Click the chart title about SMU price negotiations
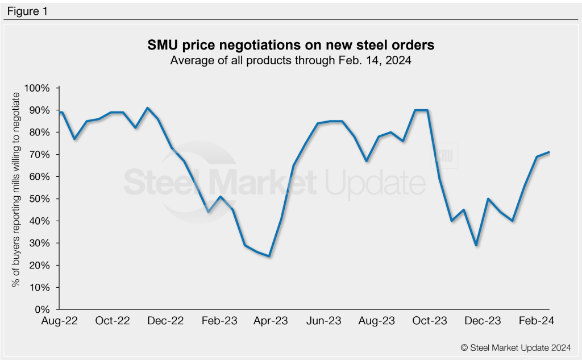pos(290,45)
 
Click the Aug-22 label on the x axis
pos(60,321)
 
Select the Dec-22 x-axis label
pos(165,321)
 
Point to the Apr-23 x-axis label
pos(271,321)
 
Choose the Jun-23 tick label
pos(324,321)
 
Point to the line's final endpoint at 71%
pos(549,152)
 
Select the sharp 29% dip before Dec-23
pos(476,245)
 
